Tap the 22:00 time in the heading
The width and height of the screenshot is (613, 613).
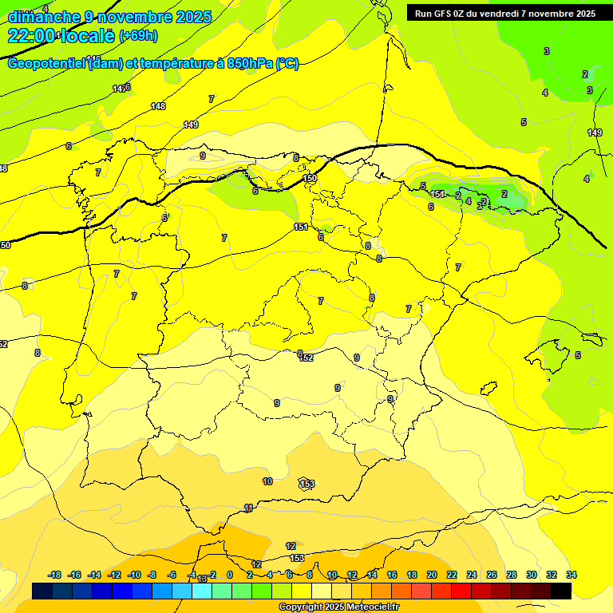pyautogui.click(x=32, y=36)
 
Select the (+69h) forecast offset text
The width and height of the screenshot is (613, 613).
pyautogui.click(x=139, y=36)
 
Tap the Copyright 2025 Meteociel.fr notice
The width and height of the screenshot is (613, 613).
pyautogui.click(x=338, y=607)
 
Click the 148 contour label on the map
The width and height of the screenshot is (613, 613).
pyautogui.click(x=158, y=106)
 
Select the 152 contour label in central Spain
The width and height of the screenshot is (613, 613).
pyautogui.click(x=306, y=358)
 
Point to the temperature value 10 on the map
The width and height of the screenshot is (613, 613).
pyautogui.click(x=267, y=481)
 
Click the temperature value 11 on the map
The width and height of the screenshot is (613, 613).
pyautogui.click(x=249, y=508)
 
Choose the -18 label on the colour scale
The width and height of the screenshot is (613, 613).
pyautogui.click(x=55, y=575)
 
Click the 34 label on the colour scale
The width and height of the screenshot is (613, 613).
pyautogui.click(x=571, y=575)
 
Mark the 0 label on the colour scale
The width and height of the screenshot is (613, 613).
pyautogui.click(x=230, y=575)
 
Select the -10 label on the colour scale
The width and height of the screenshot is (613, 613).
pyautogui.click(x=134, y=575)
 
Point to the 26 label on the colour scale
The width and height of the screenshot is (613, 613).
pyautogui.click(x=492, y=575)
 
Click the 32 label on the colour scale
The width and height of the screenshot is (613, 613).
pyautogui.click(x=552, y=575)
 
